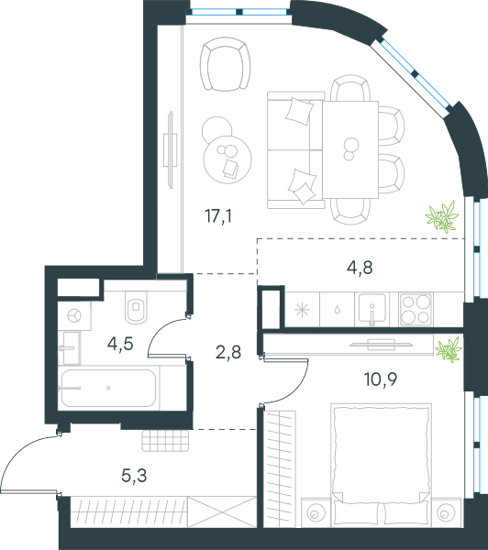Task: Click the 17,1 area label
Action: tap(218, 215)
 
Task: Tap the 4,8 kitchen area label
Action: tap(360, 268)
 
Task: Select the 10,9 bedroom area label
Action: tap(381, 379)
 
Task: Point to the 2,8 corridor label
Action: tap(228, 352)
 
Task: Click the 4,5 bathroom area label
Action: tap(120, 344)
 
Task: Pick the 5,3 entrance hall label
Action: tap(134, 476)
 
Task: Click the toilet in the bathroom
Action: tap(137, 307)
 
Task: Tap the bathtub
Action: tap(108, 388)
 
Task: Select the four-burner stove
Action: tap(416, 310)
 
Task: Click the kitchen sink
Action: tap(372, 310)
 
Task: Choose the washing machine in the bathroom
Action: tap(74, 315)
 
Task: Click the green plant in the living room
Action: tap(442, 217)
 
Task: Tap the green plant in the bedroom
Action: tap(449, 349)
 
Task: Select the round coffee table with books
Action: tap(227, 159)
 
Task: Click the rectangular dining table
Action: tap(350, 149)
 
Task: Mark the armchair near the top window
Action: tap(226, 64)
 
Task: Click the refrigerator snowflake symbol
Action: tap(303, 310)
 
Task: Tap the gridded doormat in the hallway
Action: tap(165, 441)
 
